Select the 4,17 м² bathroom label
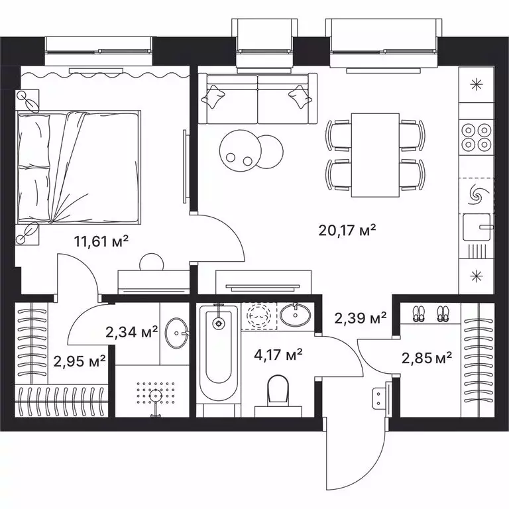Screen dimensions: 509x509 tap(278, 354)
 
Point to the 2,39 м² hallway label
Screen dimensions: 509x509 tap(360, 319)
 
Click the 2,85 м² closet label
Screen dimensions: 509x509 tap(427, 358)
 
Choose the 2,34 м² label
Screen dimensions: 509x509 tap(131, 331)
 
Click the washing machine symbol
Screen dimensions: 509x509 tap(255, 315)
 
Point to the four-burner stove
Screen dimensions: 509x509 tap(476, 137)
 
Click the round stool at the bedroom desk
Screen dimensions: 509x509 tap(151, 262)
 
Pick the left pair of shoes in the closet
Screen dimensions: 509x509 tap(418, 313)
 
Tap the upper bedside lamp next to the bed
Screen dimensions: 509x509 tap(28, 101)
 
